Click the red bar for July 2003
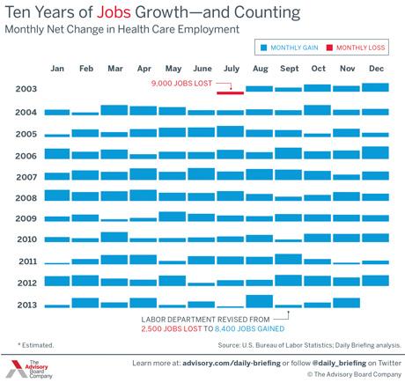click(230, 92)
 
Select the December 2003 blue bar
click(375, 87)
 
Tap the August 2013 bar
click(260, 301)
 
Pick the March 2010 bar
click(114, 237)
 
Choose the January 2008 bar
click(57, 195)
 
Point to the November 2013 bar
click(347, 303)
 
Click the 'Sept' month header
click(290, 69)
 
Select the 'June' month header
click(202, 69)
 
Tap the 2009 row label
click(26, 218)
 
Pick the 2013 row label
click(27, 305)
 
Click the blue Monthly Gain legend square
click(264, 48)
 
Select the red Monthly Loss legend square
click(329, 48)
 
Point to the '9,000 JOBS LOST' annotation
click(181, 84)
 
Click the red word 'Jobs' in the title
click(114, 12)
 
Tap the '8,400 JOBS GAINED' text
click(249, 328)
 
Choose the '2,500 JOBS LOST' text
click(172, 328)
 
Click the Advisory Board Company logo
click(29, 369)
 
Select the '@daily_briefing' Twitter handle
click(339, 364)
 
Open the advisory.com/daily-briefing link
click(232, 364)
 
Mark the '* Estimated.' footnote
click(36, 345)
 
